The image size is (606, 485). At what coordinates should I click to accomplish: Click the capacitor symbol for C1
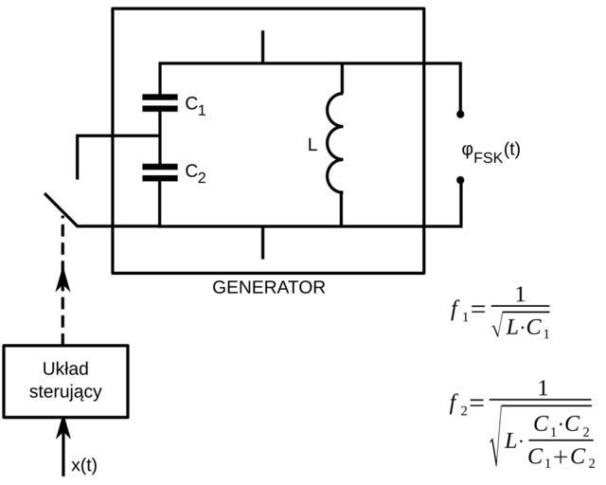[160, 103]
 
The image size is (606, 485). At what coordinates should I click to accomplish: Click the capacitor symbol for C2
[160, 171]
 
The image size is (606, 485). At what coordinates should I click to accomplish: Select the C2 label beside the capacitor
[195, 172]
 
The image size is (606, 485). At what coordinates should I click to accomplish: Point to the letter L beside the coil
[312, 146]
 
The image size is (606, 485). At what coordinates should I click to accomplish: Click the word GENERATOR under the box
[269, 287]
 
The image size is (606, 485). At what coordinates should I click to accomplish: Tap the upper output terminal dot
[461, 114]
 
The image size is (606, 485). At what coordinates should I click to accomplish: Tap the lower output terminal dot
[461, 178]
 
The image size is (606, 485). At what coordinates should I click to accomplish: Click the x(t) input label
[84, 465]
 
